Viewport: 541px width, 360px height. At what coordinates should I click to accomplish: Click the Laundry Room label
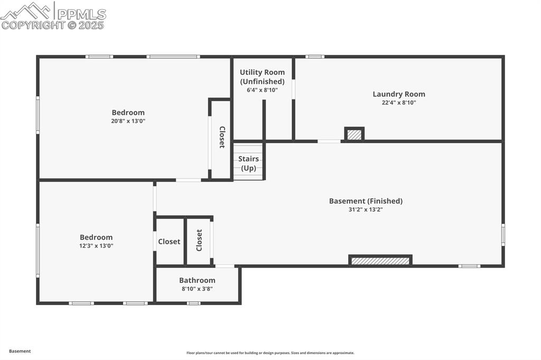pos(399,94)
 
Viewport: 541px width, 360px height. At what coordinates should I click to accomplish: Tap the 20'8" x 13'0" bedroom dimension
pos(128,121)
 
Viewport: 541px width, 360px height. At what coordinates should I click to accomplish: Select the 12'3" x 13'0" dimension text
pos(96,246)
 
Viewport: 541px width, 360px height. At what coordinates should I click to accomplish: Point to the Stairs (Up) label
pos(248,164)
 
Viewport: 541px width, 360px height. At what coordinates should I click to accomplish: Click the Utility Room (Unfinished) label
pos(262,77)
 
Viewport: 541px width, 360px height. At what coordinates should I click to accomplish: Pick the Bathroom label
pos(197,280)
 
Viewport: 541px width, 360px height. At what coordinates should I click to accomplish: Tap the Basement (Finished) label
pos(366,201)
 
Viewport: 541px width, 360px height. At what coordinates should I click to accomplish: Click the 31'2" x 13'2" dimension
pos(366,210)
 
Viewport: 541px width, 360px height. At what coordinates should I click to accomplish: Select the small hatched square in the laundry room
pos(355,134)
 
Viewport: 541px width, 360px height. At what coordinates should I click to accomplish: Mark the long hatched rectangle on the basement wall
pos(380,260)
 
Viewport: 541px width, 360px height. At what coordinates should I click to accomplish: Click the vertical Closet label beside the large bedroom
pos(222,137)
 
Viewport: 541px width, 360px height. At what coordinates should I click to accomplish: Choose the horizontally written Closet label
pos(169,242)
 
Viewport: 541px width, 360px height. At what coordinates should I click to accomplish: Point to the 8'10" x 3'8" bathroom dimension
pos(197,289)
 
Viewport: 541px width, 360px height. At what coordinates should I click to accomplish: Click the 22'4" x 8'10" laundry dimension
pos(399,103)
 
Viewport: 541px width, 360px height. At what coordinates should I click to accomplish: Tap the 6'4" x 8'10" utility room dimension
pos(262,90)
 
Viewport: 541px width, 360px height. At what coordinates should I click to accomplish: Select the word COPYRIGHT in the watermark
pos(33,25)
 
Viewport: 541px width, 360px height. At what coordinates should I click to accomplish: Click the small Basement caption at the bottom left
pos(20,352)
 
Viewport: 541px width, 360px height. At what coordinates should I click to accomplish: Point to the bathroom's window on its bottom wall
pos(193,304)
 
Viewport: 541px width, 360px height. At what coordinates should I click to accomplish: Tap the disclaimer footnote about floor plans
pos(270,353)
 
